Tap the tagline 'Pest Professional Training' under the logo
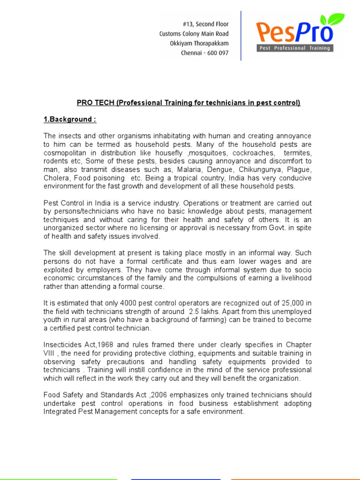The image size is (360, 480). tap(295, 48)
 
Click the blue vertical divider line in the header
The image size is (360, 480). tap(241, 36)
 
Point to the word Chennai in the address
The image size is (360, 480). tap(191, 53)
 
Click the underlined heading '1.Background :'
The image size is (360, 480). tap(70, 119)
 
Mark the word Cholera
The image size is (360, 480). tap(55, 178)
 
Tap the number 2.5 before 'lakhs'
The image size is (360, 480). tap(195, 311)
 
